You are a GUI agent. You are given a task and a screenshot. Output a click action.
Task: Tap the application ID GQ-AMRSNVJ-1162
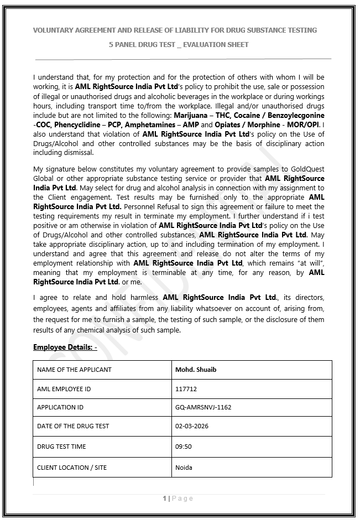click(x=203, y=407)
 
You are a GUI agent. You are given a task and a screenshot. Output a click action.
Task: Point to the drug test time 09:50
click(x=183, y=447)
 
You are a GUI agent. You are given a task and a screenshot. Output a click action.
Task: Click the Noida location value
click(x=184, y=468)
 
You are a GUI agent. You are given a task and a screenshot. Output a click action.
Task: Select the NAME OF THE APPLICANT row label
click(x=74, y=369)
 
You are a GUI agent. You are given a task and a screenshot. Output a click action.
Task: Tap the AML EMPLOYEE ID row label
click(x=64, y=389)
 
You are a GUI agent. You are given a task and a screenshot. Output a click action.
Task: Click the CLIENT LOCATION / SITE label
click(x=72, y=468)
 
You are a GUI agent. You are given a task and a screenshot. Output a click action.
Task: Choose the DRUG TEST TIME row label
click(x=61, y=447)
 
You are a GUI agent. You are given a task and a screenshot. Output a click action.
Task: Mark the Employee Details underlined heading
click(x=65, y=347)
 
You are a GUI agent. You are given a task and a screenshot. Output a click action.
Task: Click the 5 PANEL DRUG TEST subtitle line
click(x=179, y=44)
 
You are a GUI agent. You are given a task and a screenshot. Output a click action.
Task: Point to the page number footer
click(x=178, y=499)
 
